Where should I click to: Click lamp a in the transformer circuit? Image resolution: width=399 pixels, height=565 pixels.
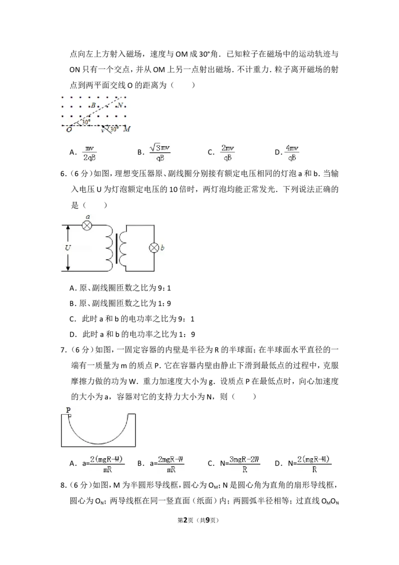click(x=87, y=226)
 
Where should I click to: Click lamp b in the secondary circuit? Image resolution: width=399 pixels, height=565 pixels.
click(x=154, y=248)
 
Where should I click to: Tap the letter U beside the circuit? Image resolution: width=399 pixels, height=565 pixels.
click(x=68, y=248)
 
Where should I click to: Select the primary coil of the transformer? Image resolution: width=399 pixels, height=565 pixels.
click(x=109, y=249)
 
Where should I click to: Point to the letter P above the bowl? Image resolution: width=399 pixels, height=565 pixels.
click(x=68, y=410)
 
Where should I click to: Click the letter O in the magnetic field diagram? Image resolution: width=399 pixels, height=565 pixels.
click(x=69, y=129)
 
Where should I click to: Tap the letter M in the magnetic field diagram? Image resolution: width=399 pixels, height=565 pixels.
click(x=126, y=129)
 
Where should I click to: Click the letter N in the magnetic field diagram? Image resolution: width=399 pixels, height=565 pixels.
click(x=120, y=105)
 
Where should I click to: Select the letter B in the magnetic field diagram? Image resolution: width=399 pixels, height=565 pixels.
click(x=93, y=106)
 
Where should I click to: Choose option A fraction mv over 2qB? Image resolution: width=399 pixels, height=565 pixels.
click(x=89, y=153)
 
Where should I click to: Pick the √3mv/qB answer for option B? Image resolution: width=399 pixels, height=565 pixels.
click(x=160, y=152)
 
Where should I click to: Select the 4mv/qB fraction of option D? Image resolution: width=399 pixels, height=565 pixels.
click(x=292, y=153)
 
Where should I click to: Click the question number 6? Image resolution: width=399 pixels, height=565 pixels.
click(x=63, y=174)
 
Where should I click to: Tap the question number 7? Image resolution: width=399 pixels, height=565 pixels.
click(x=63, y=350)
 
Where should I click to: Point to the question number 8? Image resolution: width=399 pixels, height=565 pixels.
click(x=63, y=485)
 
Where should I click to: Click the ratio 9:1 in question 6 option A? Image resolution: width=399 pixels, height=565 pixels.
click(x=165, y=288)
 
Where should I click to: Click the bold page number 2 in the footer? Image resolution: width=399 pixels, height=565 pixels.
click(x=186, y=520)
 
